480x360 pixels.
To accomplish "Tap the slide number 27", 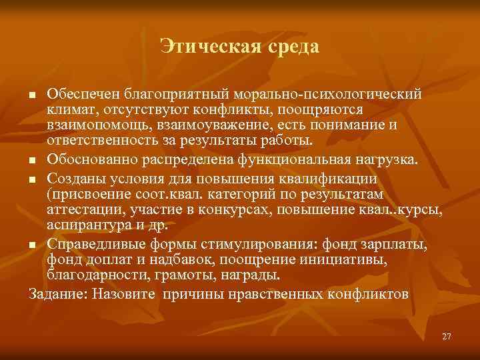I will pyautogui.click(x=446, y=336).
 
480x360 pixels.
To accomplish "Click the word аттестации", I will pyautogui.click(x=81, y=211).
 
